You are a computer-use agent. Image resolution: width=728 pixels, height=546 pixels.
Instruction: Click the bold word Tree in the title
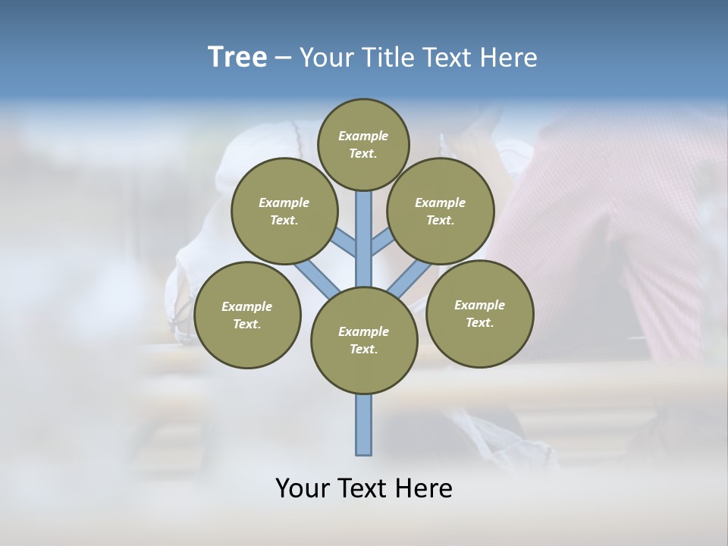tap(237, 57)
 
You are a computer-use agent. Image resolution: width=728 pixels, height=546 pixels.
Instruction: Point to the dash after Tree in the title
tap(283, 58)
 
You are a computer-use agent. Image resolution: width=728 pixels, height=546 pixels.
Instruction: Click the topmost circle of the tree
tap(363, 144)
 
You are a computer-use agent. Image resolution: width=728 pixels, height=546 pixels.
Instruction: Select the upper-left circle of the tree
tap(284, 211)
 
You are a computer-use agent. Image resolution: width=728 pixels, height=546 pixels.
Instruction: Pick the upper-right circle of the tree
tap(441, 211)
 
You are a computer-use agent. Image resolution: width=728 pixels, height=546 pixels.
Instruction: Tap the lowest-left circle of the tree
tap(247, 315)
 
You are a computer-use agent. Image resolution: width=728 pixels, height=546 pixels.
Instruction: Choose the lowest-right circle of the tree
tap(479, 313)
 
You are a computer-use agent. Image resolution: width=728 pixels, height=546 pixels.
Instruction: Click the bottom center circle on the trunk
tap(364, 340)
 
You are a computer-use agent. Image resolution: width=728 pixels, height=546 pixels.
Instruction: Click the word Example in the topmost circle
tap(363, 136)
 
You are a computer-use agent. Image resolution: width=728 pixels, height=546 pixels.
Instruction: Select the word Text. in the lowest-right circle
tap(479, 322)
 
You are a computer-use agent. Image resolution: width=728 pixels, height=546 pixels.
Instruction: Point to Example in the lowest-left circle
tap(246, 306)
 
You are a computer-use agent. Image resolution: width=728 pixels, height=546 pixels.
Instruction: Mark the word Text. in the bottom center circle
tap(363, 349)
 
